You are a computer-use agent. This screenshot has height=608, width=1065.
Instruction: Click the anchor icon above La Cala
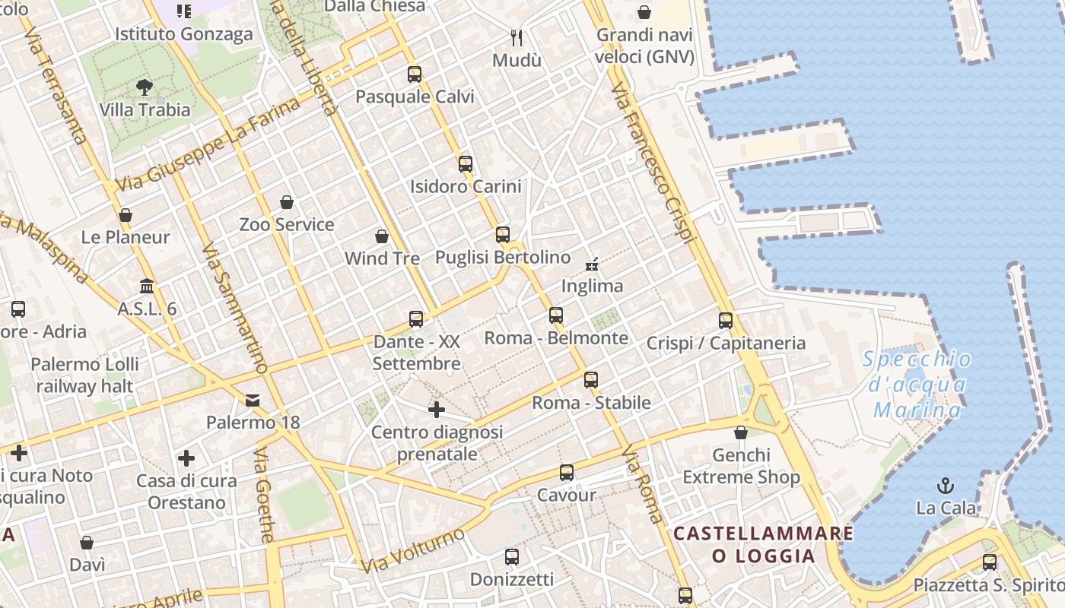tap(945, 485)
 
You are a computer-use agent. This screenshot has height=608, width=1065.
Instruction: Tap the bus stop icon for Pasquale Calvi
tap(415, 74)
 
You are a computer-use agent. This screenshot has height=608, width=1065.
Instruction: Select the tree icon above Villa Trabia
tap(145, 87)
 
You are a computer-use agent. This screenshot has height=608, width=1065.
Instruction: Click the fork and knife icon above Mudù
tap(517, 37)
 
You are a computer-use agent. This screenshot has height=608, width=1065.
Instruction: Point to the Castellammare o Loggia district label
tap(763, 544)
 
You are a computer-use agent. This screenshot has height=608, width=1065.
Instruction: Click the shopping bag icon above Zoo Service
tap(287, 202)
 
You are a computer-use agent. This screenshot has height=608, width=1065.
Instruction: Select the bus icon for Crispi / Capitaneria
tap(726, 321)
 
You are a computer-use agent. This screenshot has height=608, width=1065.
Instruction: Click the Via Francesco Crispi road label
tap(655, 163)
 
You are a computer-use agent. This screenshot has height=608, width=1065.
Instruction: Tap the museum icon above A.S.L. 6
tap(147, 287)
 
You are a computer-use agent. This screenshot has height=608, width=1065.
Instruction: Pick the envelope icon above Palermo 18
tap(253, 401)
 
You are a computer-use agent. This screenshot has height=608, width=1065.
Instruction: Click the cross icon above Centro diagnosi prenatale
tap(437, 410)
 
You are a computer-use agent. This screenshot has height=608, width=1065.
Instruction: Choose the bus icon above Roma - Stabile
tap(591, 380)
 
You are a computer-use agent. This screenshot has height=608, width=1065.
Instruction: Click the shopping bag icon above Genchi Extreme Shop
tap(741, 433)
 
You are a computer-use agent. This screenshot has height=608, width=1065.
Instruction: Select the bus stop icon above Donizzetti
tap(512, 557)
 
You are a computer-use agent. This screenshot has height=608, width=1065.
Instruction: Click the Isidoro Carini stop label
tap(466, 186)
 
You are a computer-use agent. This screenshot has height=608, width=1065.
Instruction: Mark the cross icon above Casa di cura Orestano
tap(186, 458)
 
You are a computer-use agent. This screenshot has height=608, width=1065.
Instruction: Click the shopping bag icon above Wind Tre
tap(382, 237)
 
